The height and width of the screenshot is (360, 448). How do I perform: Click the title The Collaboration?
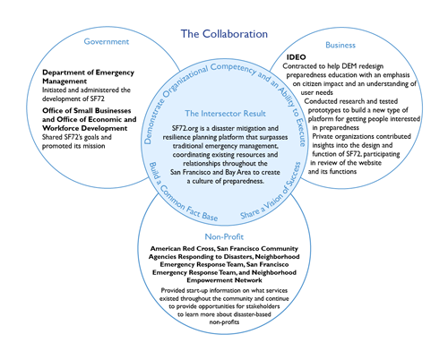(x=224, y=34)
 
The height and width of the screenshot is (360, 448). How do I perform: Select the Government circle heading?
(x=107, y=41)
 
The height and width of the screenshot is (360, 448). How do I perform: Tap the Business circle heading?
(x=340, y=45)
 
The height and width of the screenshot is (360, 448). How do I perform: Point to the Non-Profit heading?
(x=224, y=236)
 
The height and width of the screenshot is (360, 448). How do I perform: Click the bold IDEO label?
(x=297, y=57)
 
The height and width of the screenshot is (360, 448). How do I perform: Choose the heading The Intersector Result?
(x=225, y=114)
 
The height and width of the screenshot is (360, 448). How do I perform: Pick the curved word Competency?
(x=233, y=69)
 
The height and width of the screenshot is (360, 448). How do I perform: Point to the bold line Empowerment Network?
(x=224, y=280)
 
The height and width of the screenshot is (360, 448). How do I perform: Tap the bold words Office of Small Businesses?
(x=87, y=111)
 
